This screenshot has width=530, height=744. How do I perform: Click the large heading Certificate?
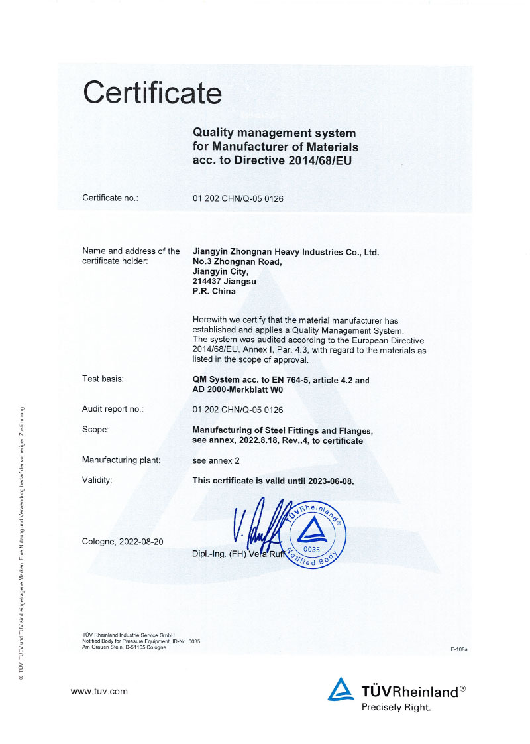click(152, 92)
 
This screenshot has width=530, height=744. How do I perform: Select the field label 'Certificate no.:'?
click(110, 198)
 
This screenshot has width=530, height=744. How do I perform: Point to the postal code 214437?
click(206, 281)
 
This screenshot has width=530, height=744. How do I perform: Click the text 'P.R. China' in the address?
click(210, 291)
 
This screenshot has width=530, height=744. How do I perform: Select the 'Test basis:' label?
click(103, 379)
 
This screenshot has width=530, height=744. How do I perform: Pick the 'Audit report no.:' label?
click(113, 409)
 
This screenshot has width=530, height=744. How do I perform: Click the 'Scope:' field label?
click(95, 429)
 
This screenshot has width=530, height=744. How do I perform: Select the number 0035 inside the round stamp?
click(311, 550)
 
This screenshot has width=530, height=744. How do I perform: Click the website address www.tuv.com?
click(99, 691)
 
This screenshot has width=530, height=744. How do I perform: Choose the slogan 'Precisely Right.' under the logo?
click(396, 707)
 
